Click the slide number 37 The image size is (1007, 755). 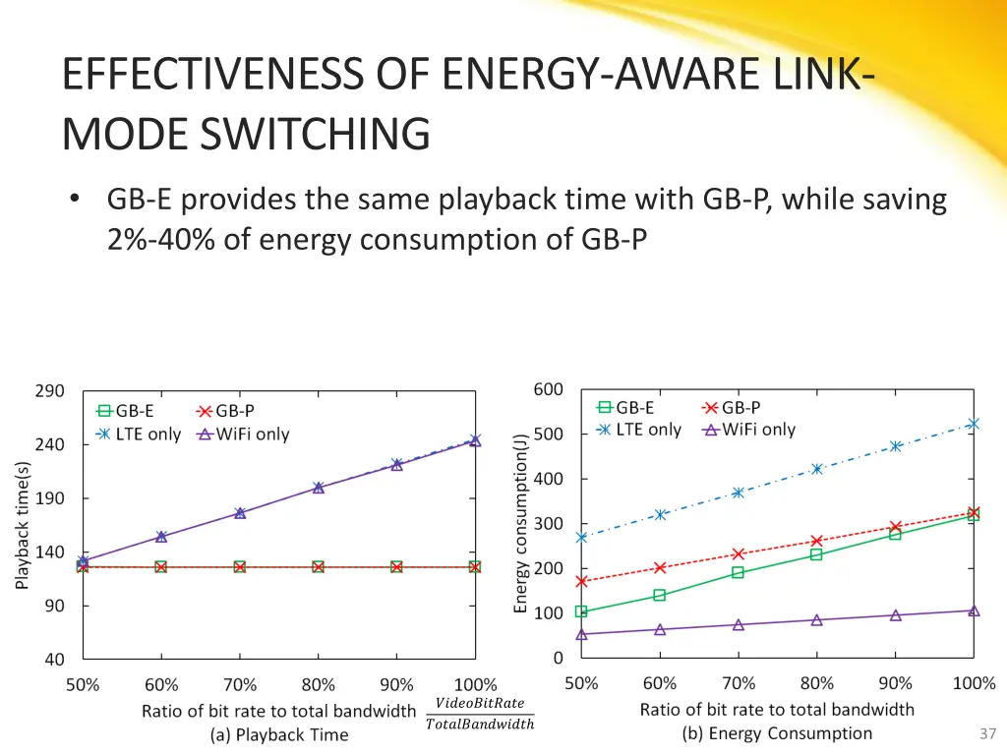tap(987, 733)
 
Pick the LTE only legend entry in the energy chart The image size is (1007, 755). tap(639, 430)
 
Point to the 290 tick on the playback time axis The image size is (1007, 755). tap(50, 390)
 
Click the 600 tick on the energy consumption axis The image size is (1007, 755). tap(549, 389)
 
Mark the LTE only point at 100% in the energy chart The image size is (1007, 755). tap(974, 424)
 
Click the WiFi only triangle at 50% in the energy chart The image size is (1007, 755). tap(581, 634)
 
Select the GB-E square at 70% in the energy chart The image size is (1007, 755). tap(738, 572)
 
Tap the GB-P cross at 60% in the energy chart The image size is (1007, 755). tap(660, 567)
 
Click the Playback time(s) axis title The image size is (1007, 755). tap(23, 525)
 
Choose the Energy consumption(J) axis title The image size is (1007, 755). tap(521, 523)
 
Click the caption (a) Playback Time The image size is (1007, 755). tap(278, 734)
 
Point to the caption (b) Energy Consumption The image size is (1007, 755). tap(777, 733)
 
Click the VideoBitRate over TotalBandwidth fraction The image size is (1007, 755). tap(479, 713)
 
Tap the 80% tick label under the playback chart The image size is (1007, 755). tap(318, 685)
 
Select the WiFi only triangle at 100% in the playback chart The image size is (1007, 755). tap(475, 440)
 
